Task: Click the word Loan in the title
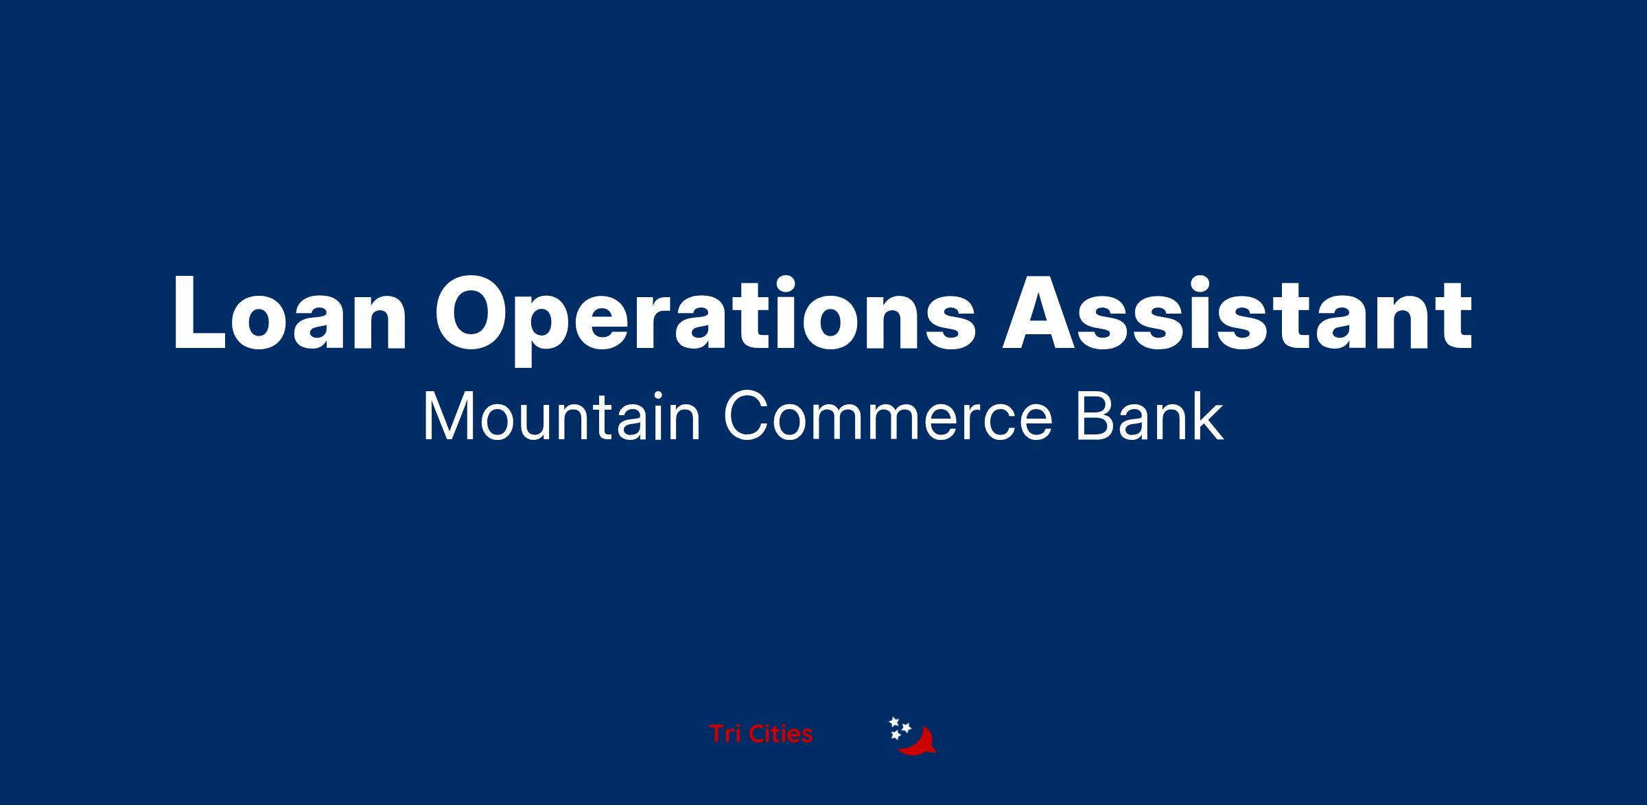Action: [290, 313]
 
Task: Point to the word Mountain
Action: [561, 416]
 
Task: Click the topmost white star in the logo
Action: [894, 722]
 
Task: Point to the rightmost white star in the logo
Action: [906, 727]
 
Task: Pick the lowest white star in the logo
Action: [895, 735]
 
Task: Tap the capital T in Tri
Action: [717, 734]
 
